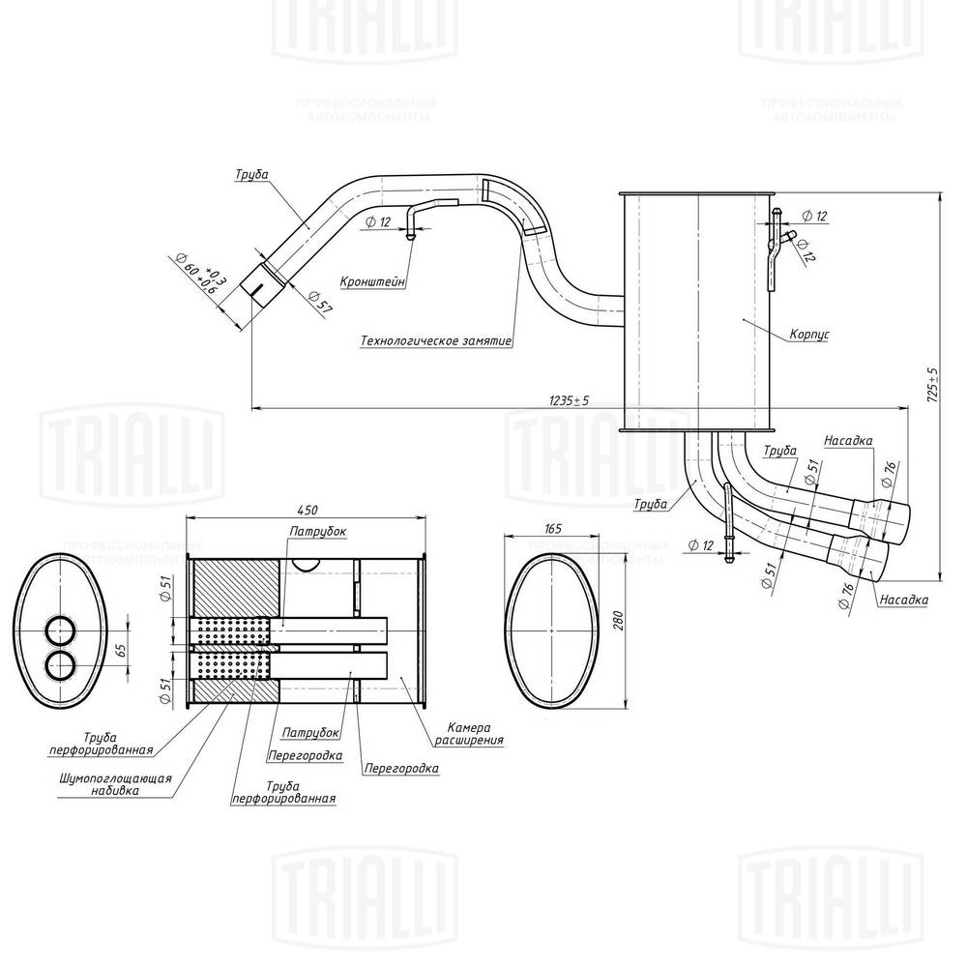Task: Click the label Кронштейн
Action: click(x=372, y=281)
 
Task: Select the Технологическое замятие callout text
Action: click(x=435, y=340)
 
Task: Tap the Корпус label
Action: click(x=809, y=334)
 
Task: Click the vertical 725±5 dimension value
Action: click(x=934, y=384)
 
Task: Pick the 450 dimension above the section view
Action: click(x=308, y=511)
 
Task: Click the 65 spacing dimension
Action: click(x=122, y=648)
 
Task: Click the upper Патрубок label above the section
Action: click(x=316, y=531)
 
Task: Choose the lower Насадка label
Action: click(x=903, y=600)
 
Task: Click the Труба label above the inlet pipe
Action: click(x=250, y=175)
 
